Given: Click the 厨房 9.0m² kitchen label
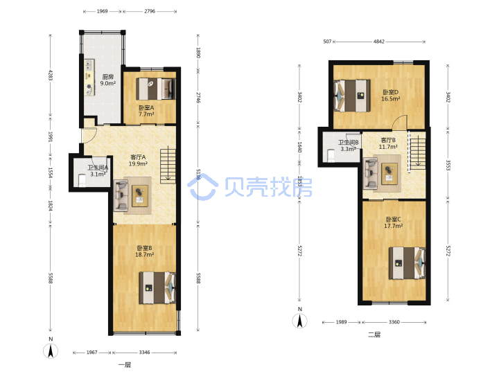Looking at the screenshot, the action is pyautogui.click(x=108, y=80).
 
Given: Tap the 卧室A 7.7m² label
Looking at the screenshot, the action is pyautogui.click(x=146, y=111).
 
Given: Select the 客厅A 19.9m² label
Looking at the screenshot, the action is pyautogui.click(x=138, y=160).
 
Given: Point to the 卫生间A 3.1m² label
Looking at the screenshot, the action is pyautogui.click(x=98, y=171).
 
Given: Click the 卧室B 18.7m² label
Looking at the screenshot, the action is pyautogui.click(x=144, y=251).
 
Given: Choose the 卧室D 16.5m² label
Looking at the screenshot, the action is pyautogui.click(x=390, y=96).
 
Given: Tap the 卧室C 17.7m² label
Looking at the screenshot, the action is pyautogui.click(x=394, y=222).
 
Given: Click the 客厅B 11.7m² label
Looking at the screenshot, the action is pyautogui.click(x=388, y=143).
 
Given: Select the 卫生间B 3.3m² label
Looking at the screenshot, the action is pyautogui.click(x=348, y=145).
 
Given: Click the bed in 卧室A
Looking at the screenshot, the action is pyautogui.click(x=156, y=89).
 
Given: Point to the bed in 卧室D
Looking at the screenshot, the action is pyautogui.click(x=352, y=96).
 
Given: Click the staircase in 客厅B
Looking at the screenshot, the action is pyautogui.click(x=417, y=152).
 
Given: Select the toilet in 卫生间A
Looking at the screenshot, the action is pyautogui.click(x=82, y=181).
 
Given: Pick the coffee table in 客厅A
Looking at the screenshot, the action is pyautogui.click(x=140, y=195).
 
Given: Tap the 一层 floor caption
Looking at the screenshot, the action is pyautogui.click(x=125, y=364).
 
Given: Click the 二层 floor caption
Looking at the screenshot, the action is pyautogui.click(x=374, y=335).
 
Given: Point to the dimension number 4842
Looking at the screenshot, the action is pyautogui.click(x=378, y=42).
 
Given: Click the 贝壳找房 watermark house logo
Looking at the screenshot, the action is pyautogui.click(x=202, y=187).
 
